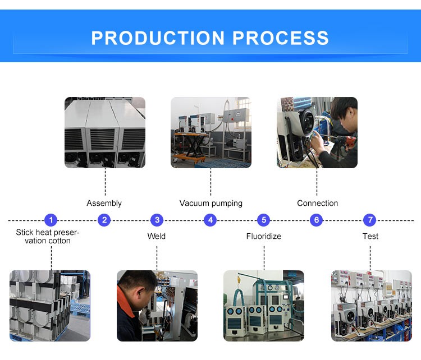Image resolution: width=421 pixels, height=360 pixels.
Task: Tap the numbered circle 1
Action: (51, 220)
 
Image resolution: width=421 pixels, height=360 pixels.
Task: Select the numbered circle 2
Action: (104, 220)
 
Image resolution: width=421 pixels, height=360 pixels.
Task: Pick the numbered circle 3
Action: (157, 220)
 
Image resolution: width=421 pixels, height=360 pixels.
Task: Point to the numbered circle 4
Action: (210, 220)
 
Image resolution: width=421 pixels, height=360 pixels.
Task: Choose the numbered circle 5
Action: (264, 220)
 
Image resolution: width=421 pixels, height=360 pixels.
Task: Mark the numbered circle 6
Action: (317, 220)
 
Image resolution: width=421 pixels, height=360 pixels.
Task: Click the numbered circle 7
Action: (369, 220)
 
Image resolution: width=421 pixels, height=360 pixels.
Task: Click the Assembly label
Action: (104, 203)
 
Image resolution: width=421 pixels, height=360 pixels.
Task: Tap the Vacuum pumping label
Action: (211, 203)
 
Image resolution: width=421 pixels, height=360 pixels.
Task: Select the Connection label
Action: (317, 203)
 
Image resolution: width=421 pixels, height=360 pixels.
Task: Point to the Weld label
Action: (157, 236)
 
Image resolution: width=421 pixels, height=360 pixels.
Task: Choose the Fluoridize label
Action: (264, 236)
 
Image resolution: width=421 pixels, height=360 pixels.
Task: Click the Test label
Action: (370, 236)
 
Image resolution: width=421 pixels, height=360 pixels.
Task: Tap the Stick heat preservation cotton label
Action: (48, 236)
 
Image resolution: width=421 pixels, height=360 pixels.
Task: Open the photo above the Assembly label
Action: (105, 132)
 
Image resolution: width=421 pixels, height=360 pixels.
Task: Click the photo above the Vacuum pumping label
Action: (211, 132)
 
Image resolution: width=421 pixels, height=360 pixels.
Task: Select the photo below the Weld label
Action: (157, 306)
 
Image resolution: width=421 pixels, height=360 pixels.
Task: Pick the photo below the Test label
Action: (371, 306)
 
